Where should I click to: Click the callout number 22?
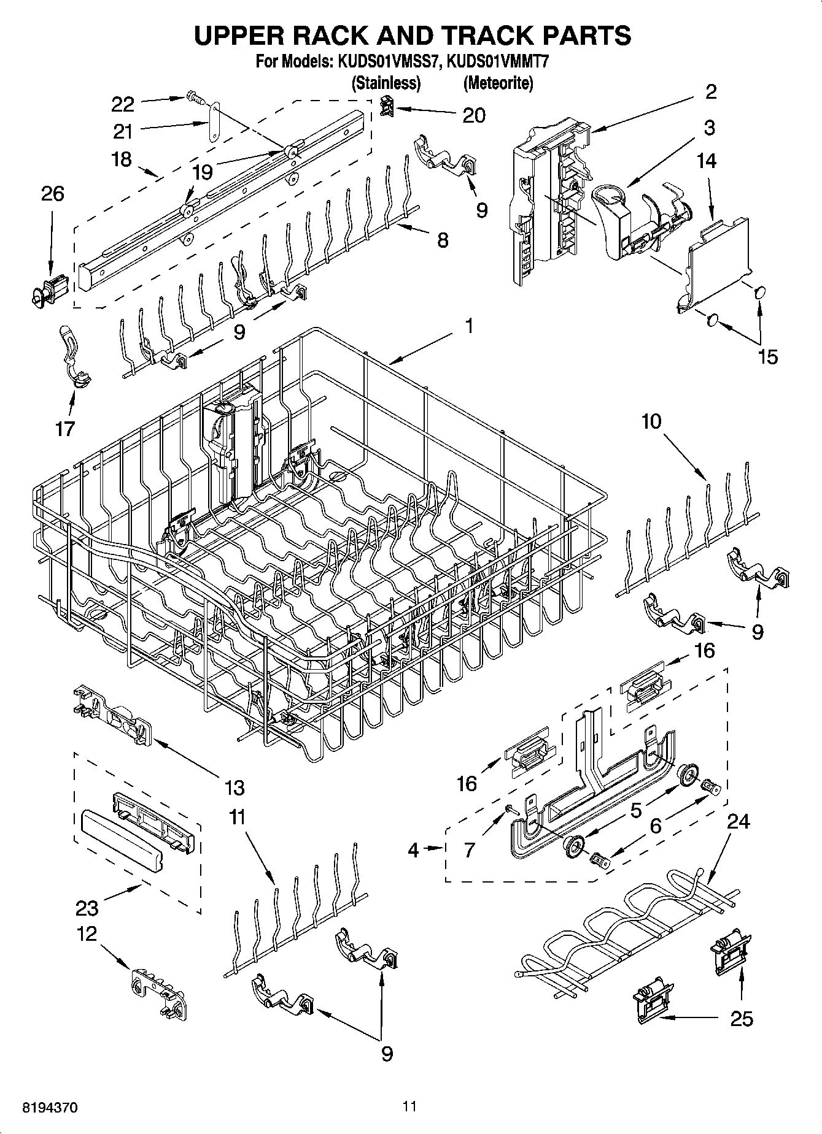point(123,104)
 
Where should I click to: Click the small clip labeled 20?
point(386,107)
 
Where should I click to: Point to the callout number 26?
point(52,194)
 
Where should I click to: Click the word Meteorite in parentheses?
point(498,82)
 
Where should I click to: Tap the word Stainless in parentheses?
point(386,82)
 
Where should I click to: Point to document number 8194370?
point(50,1108)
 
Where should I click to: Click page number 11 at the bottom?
point(410,1106)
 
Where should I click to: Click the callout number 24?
point(738,821)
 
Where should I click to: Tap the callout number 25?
point(742,1019)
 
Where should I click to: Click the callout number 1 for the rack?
point(468,326)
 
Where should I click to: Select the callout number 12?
point(87,934)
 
